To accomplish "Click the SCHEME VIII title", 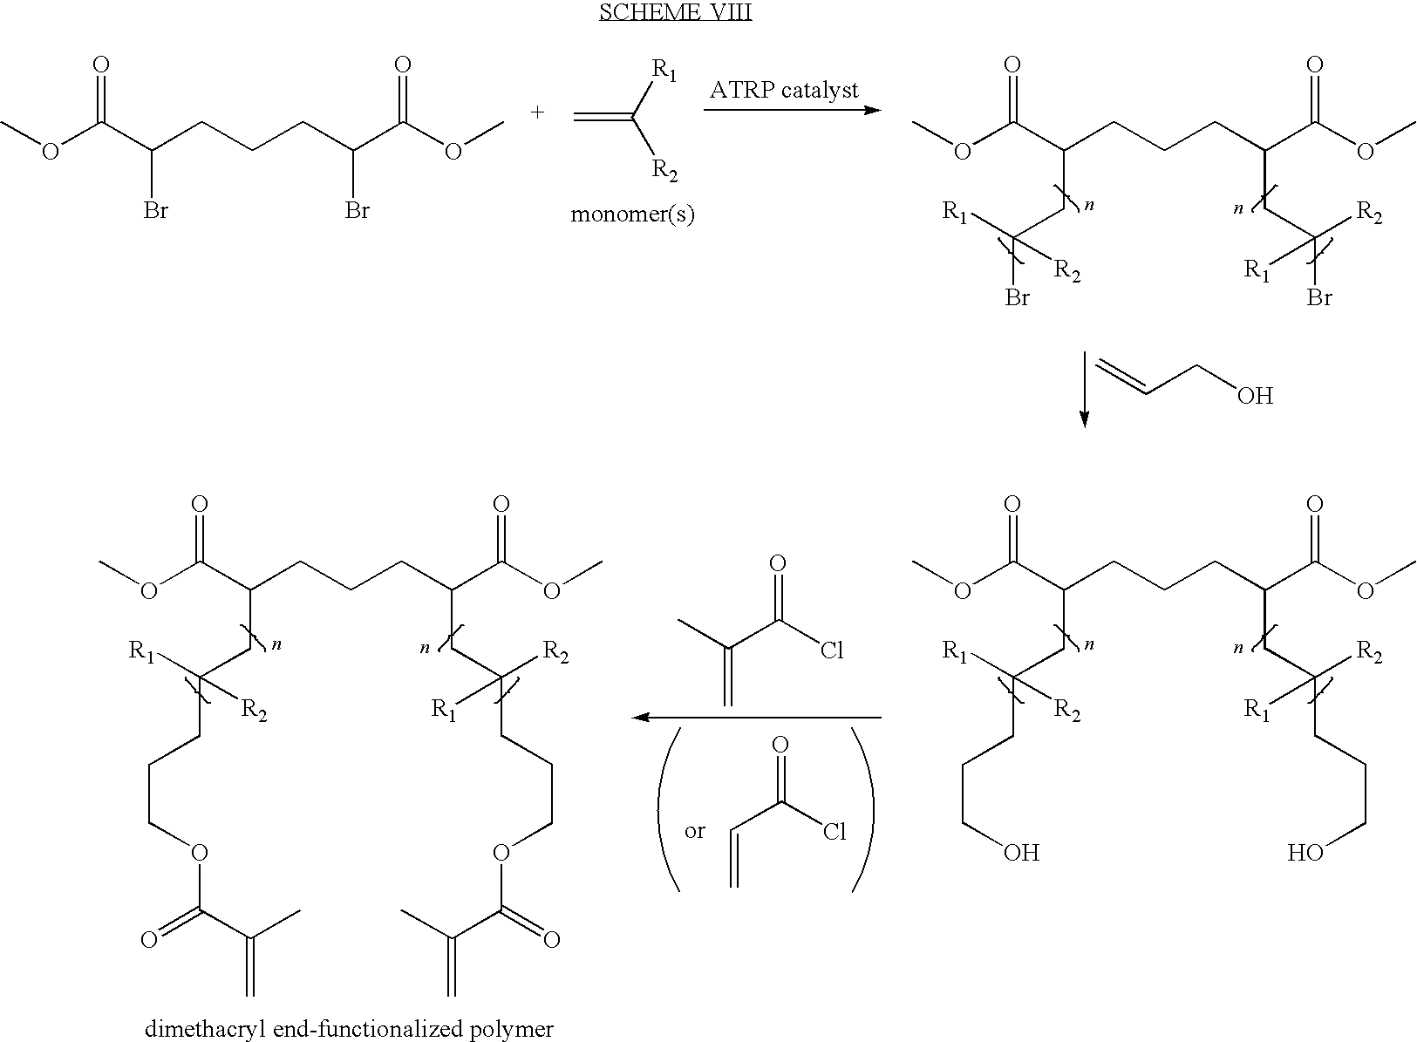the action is (676, 12).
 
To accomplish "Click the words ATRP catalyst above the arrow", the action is (784, 91).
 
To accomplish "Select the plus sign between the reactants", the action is (537, 112).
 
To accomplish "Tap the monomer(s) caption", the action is (632, 214).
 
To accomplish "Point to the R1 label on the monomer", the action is (664, 70).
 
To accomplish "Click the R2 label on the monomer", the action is (664, 170).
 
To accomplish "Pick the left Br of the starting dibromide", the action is (155, 210).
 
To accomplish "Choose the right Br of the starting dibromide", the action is (357, 210).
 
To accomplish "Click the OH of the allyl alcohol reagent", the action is (1255, 396).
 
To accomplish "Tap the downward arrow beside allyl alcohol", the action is (1084, 389).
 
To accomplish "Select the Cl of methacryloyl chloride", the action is (832, 650).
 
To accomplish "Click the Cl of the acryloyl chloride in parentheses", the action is (835, 832).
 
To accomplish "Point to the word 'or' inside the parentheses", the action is (695, 831).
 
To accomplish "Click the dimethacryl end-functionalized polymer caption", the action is (349, 1029).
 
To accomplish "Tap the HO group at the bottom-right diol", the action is (1305, 853).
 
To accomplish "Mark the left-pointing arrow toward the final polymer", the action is (757, 718).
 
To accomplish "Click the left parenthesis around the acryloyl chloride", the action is (668, 810).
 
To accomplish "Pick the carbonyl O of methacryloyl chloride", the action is (778, 563).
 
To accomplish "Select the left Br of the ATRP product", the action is (1018, 297).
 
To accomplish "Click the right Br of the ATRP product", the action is (1319, 297).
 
